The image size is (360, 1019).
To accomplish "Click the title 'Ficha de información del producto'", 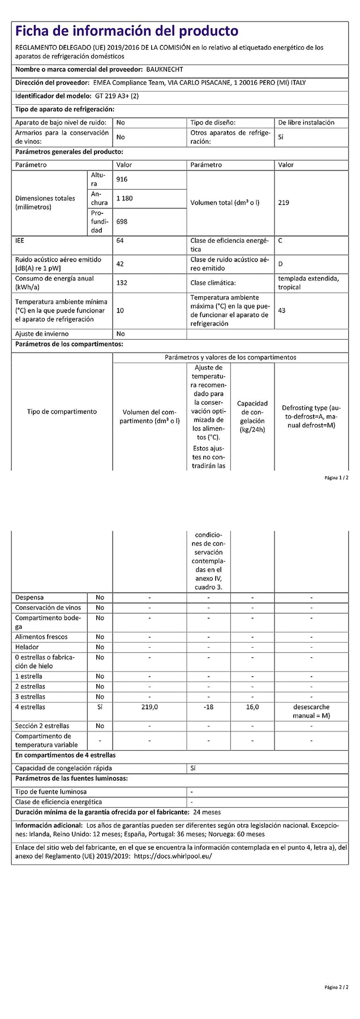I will pos(127,31).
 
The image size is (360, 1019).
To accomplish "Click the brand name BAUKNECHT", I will pos(165,70).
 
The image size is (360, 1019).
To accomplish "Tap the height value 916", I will pos(122,179).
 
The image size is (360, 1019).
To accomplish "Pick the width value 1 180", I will pos(124,199).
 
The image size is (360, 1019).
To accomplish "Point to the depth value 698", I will pos(122,222).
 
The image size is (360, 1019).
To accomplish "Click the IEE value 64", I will pos(120,241).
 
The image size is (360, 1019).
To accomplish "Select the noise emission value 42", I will pos(120,264).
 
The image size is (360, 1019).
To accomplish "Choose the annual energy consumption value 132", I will pos(122,283).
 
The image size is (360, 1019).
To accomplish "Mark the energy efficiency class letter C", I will pos(280,241).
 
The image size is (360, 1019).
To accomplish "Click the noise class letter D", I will pos(280,264).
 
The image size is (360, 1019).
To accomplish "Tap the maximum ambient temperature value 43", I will pos(282,311).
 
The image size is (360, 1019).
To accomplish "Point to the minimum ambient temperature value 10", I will pos(120,311).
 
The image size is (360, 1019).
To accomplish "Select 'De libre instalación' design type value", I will pos(306,122).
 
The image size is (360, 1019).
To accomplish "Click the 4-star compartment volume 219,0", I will pos(149,707).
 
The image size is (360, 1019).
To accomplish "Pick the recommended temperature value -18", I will pos(208,707).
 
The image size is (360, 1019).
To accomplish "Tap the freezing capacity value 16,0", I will pos(252,707).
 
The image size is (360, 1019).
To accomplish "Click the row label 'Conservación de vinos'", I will pos(48,607).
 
